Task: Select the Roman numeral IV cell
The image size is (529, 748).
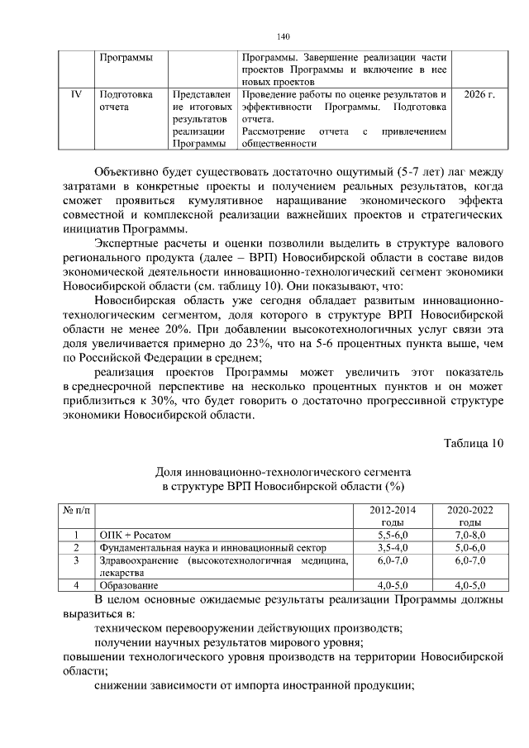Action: point(75,95)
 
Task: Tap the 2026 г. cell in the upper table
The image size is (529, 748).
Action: point(479,95)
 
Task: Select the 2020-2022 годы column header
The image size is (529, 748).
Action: point(469,517)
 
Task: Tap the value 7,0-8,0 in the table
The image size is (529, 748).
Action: point(469,535)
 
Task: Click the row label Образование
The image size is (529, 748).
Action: point(128,585)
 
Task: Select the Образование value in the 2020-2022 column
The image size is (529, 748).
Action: point(469,585)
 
